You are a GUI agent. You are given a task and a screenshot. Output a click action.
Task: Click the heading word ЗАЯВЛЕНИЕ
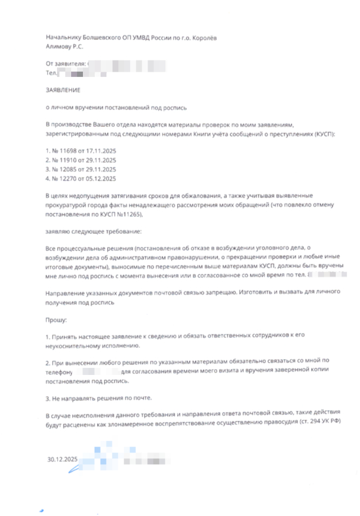pos(62,91)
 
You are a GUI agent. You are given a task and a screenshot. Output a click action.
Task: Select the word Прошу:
pos(56,321)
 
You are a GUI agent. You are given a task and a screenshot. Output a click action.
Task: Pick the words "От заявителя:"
pos(65,62)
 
